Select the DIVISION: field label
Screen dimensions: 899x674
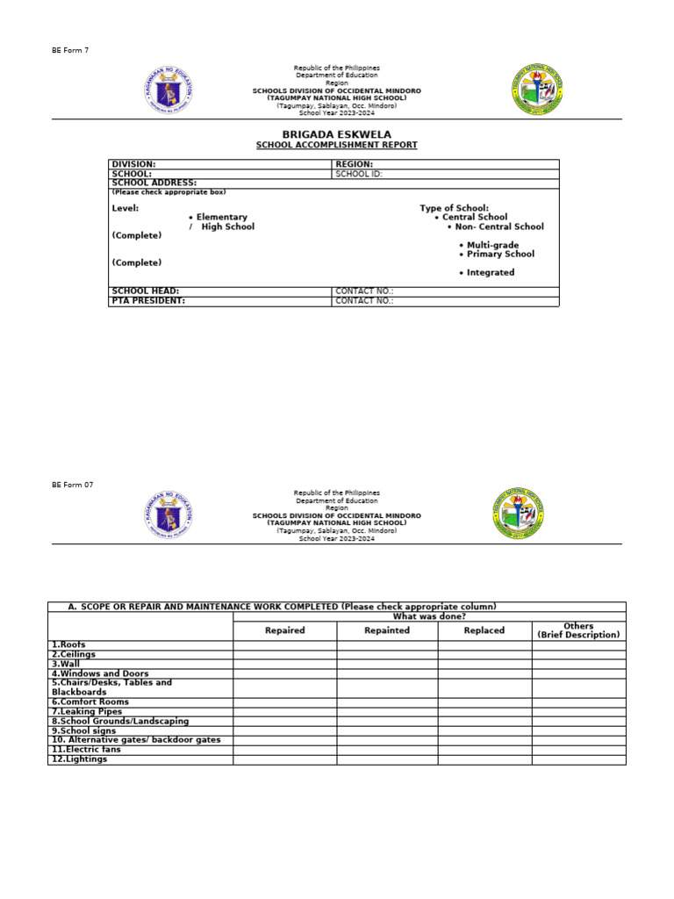coord(133,164)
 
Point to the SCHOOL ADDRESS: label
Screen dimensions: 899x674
coord(154,183)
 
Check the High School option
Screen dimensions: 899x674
coord(226,227)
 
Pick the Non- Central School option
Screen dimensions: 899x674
coord(498,227)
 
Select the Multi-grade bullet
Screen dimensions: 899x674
coord(492,245)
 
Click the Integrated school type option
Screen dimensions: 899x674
coord(490,272)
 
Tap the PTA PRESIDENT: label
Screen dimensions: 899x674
coord(148,300)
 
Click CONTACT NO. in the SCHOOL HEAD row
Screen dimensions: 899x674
coord(364,291)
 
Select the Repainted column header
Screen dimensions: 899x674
coord(387,630)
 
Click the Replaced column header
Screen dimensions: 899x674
coord(484,630)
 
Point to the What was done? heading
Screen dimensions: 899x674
coord(429,616)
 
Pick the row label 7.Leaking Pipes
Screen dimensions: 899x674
coord(87,711)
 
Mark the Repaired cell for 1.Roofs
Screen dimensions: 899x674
coord(284,644)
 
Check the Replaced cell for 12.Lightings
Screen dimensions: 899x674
coord(484,759)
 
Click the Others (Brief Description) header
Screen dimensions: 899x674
coord(578,630)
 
